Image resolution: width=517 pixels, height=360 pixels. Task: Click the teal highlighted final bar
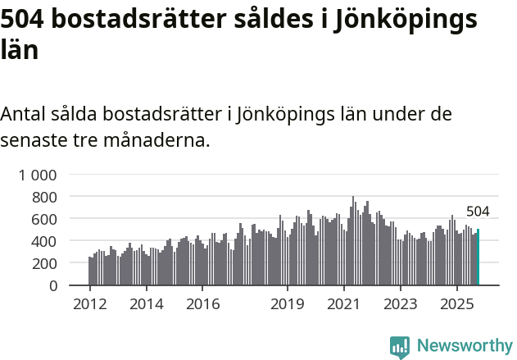pos(478,257)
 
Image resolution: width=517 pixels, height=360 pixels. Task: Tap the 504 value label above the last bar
pos(478,212)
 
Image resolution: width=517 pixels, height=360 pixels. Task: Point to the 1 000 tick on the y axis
pos(39,175)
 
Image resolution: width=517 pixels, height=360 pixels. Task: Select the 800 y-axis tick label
pos(45,197)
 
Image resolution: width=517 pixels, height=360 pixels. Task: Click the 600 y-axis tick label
pos(45,219)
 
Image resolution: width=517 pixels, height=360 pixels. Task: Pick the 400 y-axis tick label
pos(45,241)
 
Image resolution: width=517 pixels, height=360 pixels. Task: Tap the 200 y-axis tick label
pos(45,263)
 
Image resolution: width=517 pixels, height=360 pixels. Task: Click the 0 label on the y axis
pos(53,285)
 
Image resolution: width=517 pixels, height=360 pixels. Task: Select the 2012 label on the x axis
pos(89,304)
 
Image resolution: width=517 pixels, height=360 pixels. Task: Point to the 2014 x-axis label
pos(146,304)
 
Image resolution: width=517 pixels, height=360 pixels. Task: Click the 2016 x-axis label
pos(202,304)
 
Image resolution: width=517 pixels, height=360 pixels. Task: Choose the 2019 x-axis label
pos(288,304)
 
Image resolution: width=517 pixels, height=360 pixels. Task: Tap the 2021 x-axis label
pos(344,304)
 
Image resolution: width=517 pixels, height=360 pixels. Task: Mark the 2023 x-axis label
pos(401,304)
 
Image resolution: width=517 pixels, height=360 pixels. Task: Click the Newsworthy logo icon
pos(400,346)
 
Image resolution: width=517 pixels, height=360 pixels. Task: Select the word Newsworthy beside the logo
pos(465,346)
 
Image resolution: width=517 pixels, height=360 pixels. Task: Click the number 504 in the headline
pos(24,20)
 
